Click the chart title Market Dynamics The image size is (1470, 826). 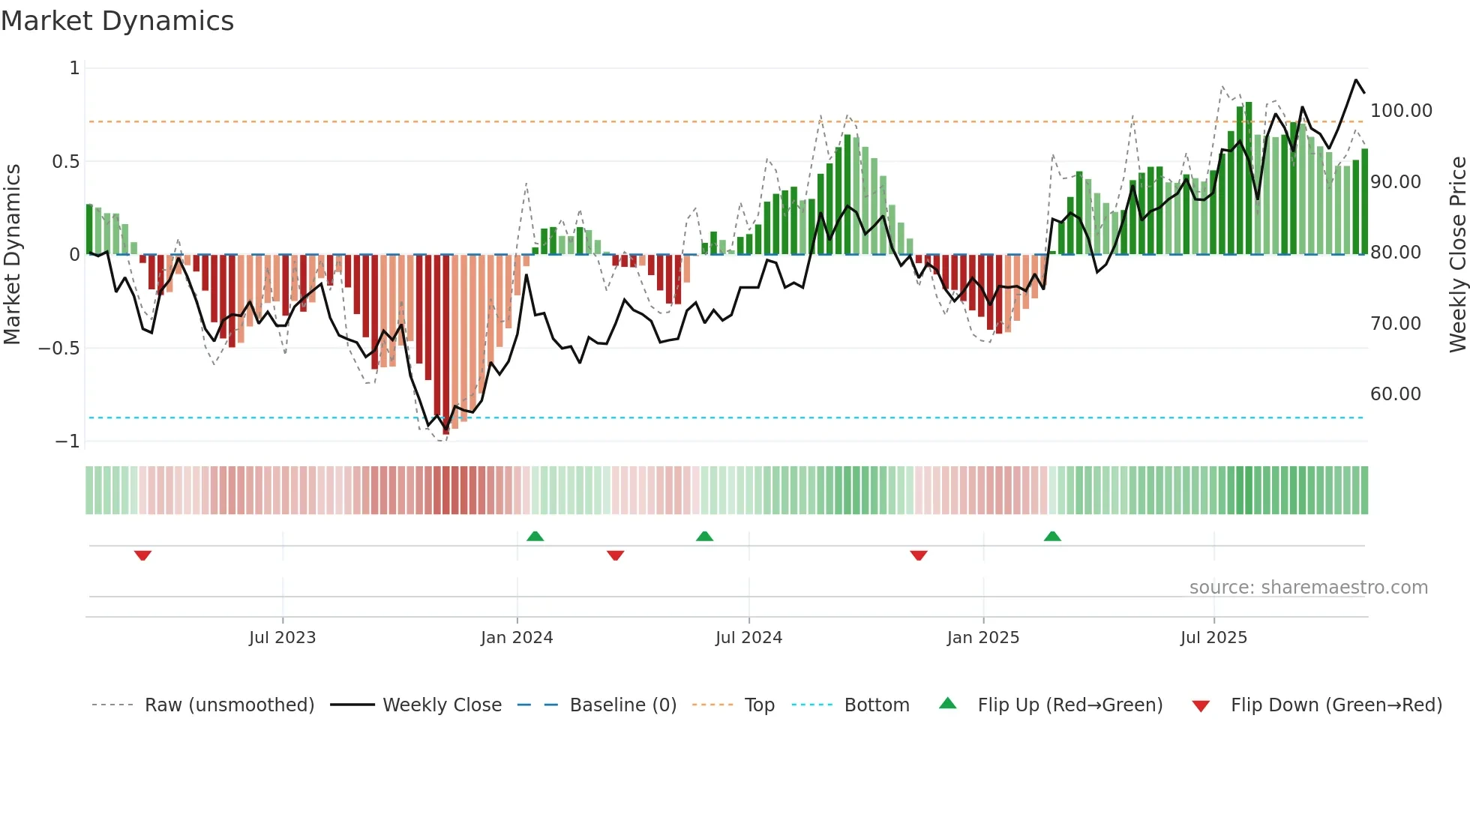[x=118, y=21]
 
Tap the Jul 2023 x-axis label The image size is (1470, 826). [x=282, y=638]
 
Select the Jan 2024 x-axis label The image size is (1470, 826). [x=517, y=638]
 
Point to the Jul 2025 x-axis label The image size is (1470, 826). [x=1213, y=638]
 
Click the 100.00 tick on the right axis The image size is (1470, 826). [x=1401, y=111]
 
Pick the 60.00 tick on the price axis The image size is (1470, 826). [x=1395, y=394]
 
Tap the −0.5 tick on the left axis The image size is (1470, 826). [x=58, y=349]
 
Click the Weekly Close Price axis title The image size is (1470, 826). [x=1457, y=255]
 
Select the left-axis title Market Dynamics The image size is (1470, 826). [x=12, y=255]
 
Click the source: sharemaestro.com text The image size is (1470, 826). [x=1308, y=588]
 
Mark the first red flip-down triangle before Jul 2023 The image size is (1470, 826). [x=142, y=555]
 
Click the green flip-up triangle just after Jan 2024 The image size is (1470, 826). [x=535, y=536]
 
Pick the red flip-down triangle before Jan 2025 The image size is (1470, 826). [x=919, y=555]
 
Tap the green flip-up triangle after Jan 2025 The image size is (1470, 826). [x=1052, y=536]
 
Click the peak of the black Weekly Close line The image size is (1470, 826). [x=1356, y=80]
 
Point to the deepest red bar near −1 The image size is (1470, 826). [x=446, y=345]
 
